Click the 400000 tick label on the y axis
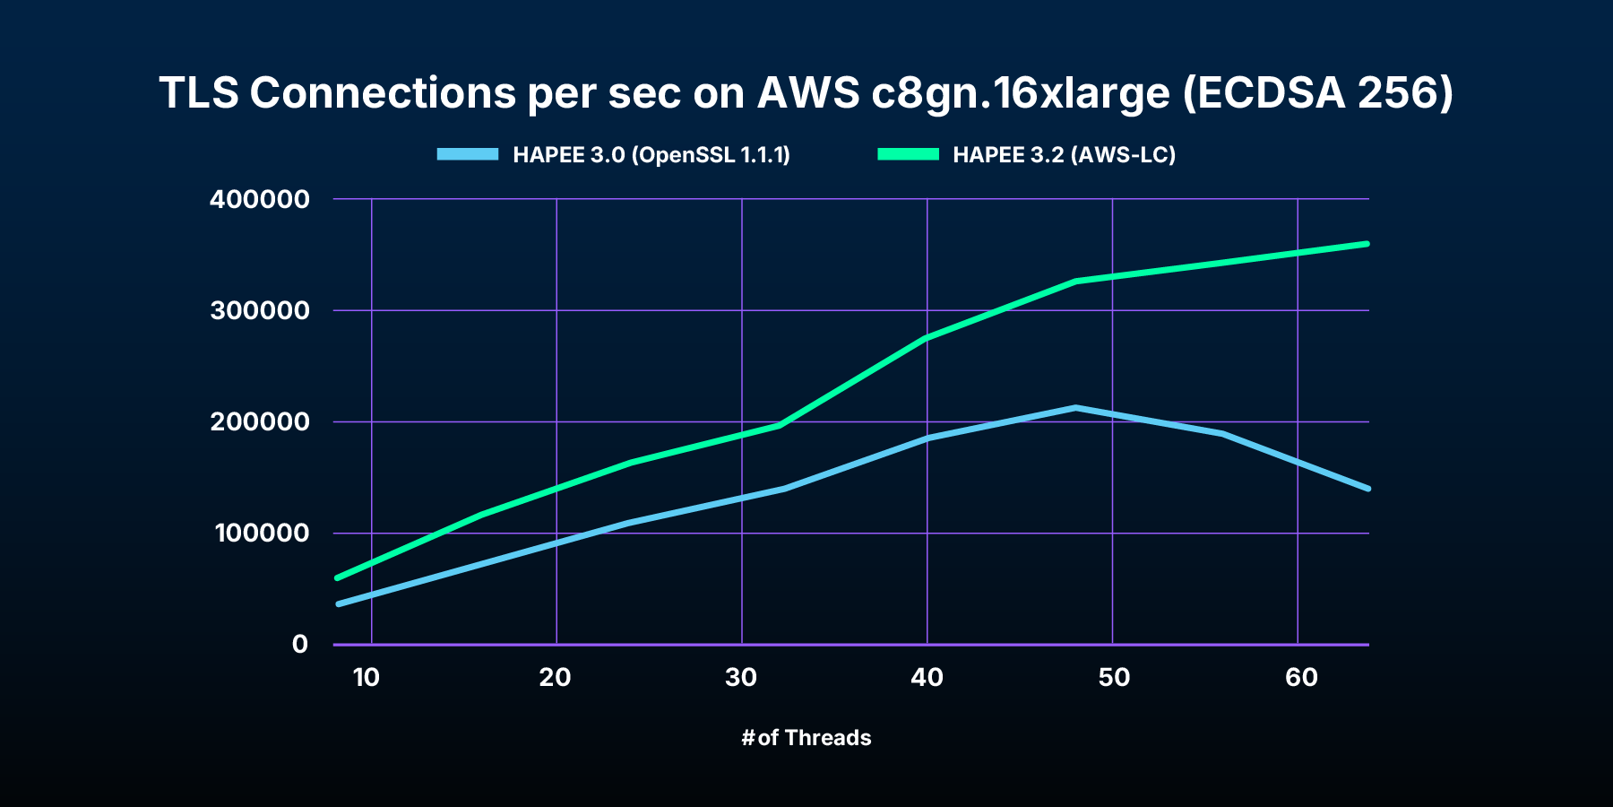259,199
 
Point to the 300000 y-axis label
259,310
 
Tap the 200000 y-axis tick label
259,421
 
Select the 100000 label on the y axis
261,533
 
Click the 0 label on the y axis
299,644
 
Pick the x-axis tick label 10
367,677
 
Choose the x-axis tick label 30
741,677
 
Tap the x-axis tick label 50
1114,677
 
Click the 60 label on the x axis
1301,677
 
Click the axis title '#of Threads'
806,737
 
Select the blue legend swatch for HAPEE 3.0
467,154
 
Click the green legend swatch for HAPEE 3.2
908,154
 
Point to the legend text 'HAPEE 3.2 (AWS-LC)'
1064,154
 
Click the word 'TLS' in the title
199,92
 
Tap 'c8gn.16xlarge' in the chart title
1021,94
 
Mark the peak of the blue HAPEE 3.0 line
1075,408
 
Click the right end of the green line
1367,244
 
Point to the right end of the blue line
1367,489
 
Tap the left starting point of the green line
337,577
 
